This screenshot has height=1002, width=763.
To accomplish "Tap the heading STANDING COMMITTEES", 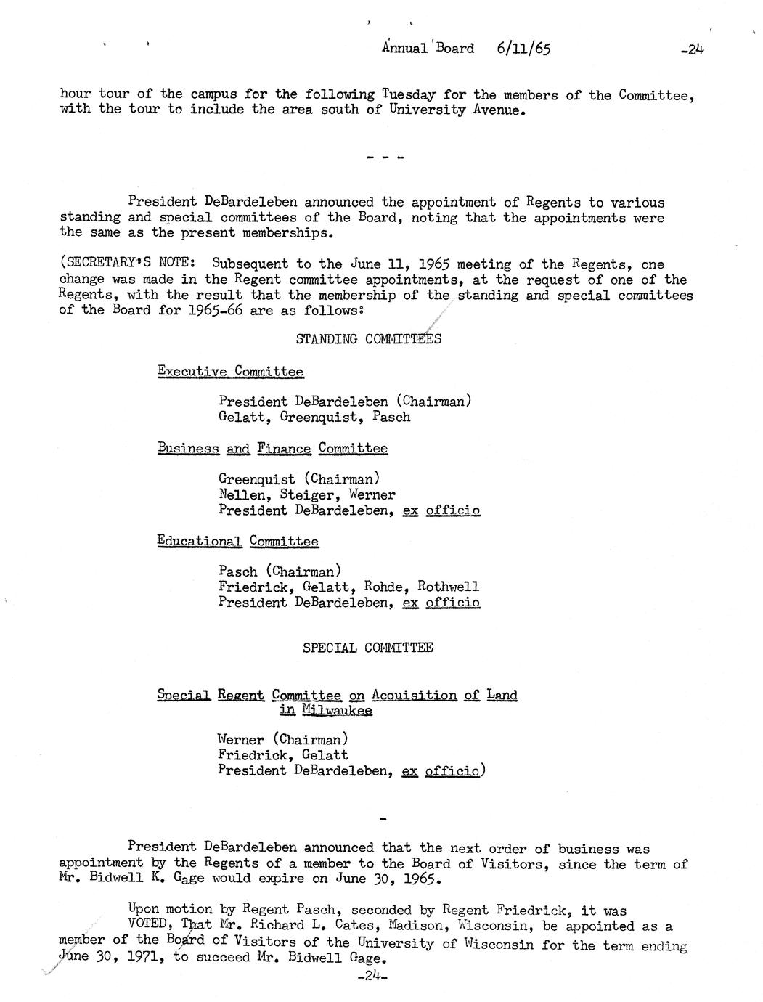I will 368,339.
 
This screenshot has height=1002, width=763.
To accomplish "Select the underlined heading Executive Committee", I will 230,372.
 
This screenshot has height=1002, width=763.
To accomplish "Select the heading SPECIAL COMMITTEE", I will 367,648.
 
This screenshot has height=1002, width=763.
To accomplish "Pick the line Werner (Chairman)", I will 283,740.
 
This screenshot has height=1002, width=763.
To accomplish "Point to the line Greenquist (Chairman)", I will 298,479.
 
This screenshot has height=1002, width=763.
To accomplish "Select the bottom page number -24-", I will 373,977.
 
